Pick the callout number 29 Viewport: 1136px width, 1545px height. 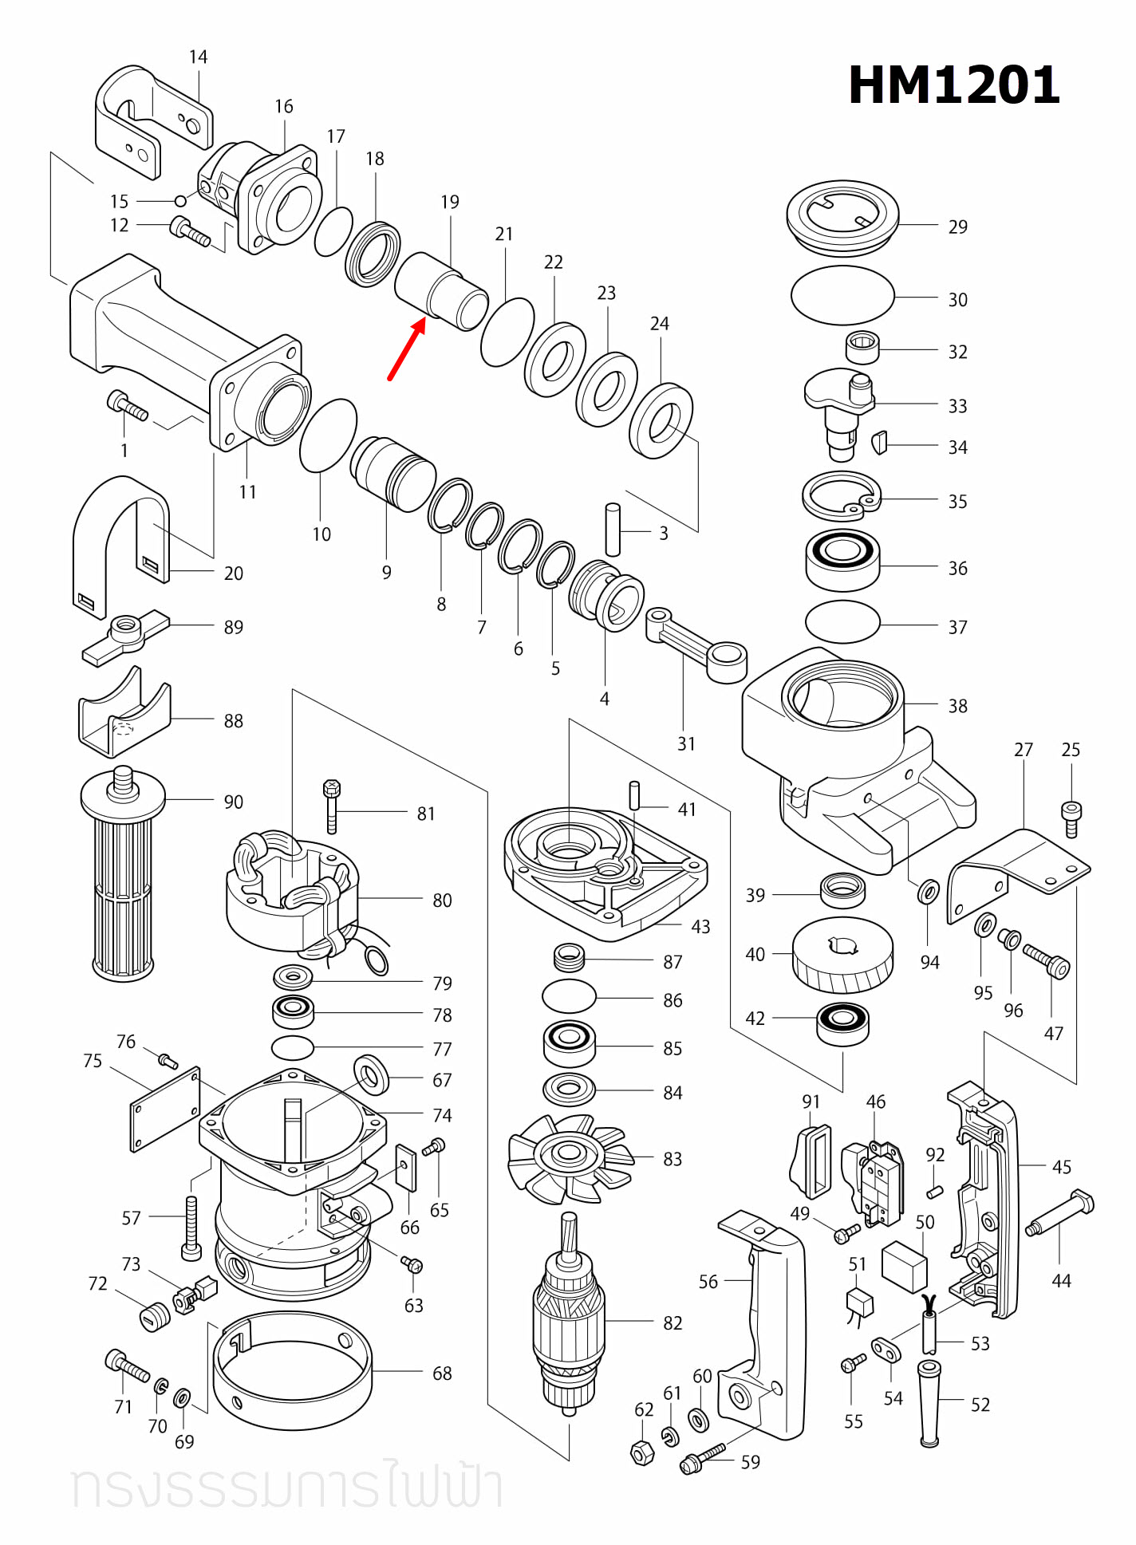click(x=957, y=227)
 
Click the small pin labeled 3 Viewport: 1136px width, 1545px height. click(x=613, y=529)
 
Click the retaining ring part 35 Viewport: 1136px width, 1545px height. click(x=841, y=498)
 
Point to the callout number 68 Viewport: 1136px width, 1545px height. click(x=442, y=1374)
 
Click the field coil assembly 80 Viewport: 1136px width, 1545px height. click(x=291, y=893)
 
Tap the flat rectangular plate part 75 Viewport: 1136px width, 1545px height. click(x=165, y=1109)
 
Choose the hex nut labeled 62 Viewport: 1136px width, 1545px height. click(x=643, y=1452)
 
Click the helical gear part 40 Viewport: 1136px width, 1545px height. click(x=842, y=954)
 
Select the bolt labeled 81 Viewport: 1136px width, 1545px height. click(x=332, y=806)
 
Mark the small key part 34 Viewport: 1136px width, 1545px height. click(x=879, y=442)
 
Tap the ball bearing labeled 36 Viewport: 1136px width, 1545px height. click(x=842, y=560)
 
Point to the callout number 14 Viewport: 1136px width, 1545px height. click(x=198, y=57)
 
